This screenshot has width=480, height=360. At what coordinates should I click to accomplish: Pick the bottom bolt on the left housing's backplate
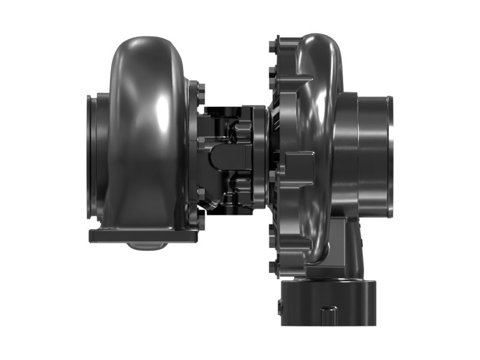click(x=200, y=223)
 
